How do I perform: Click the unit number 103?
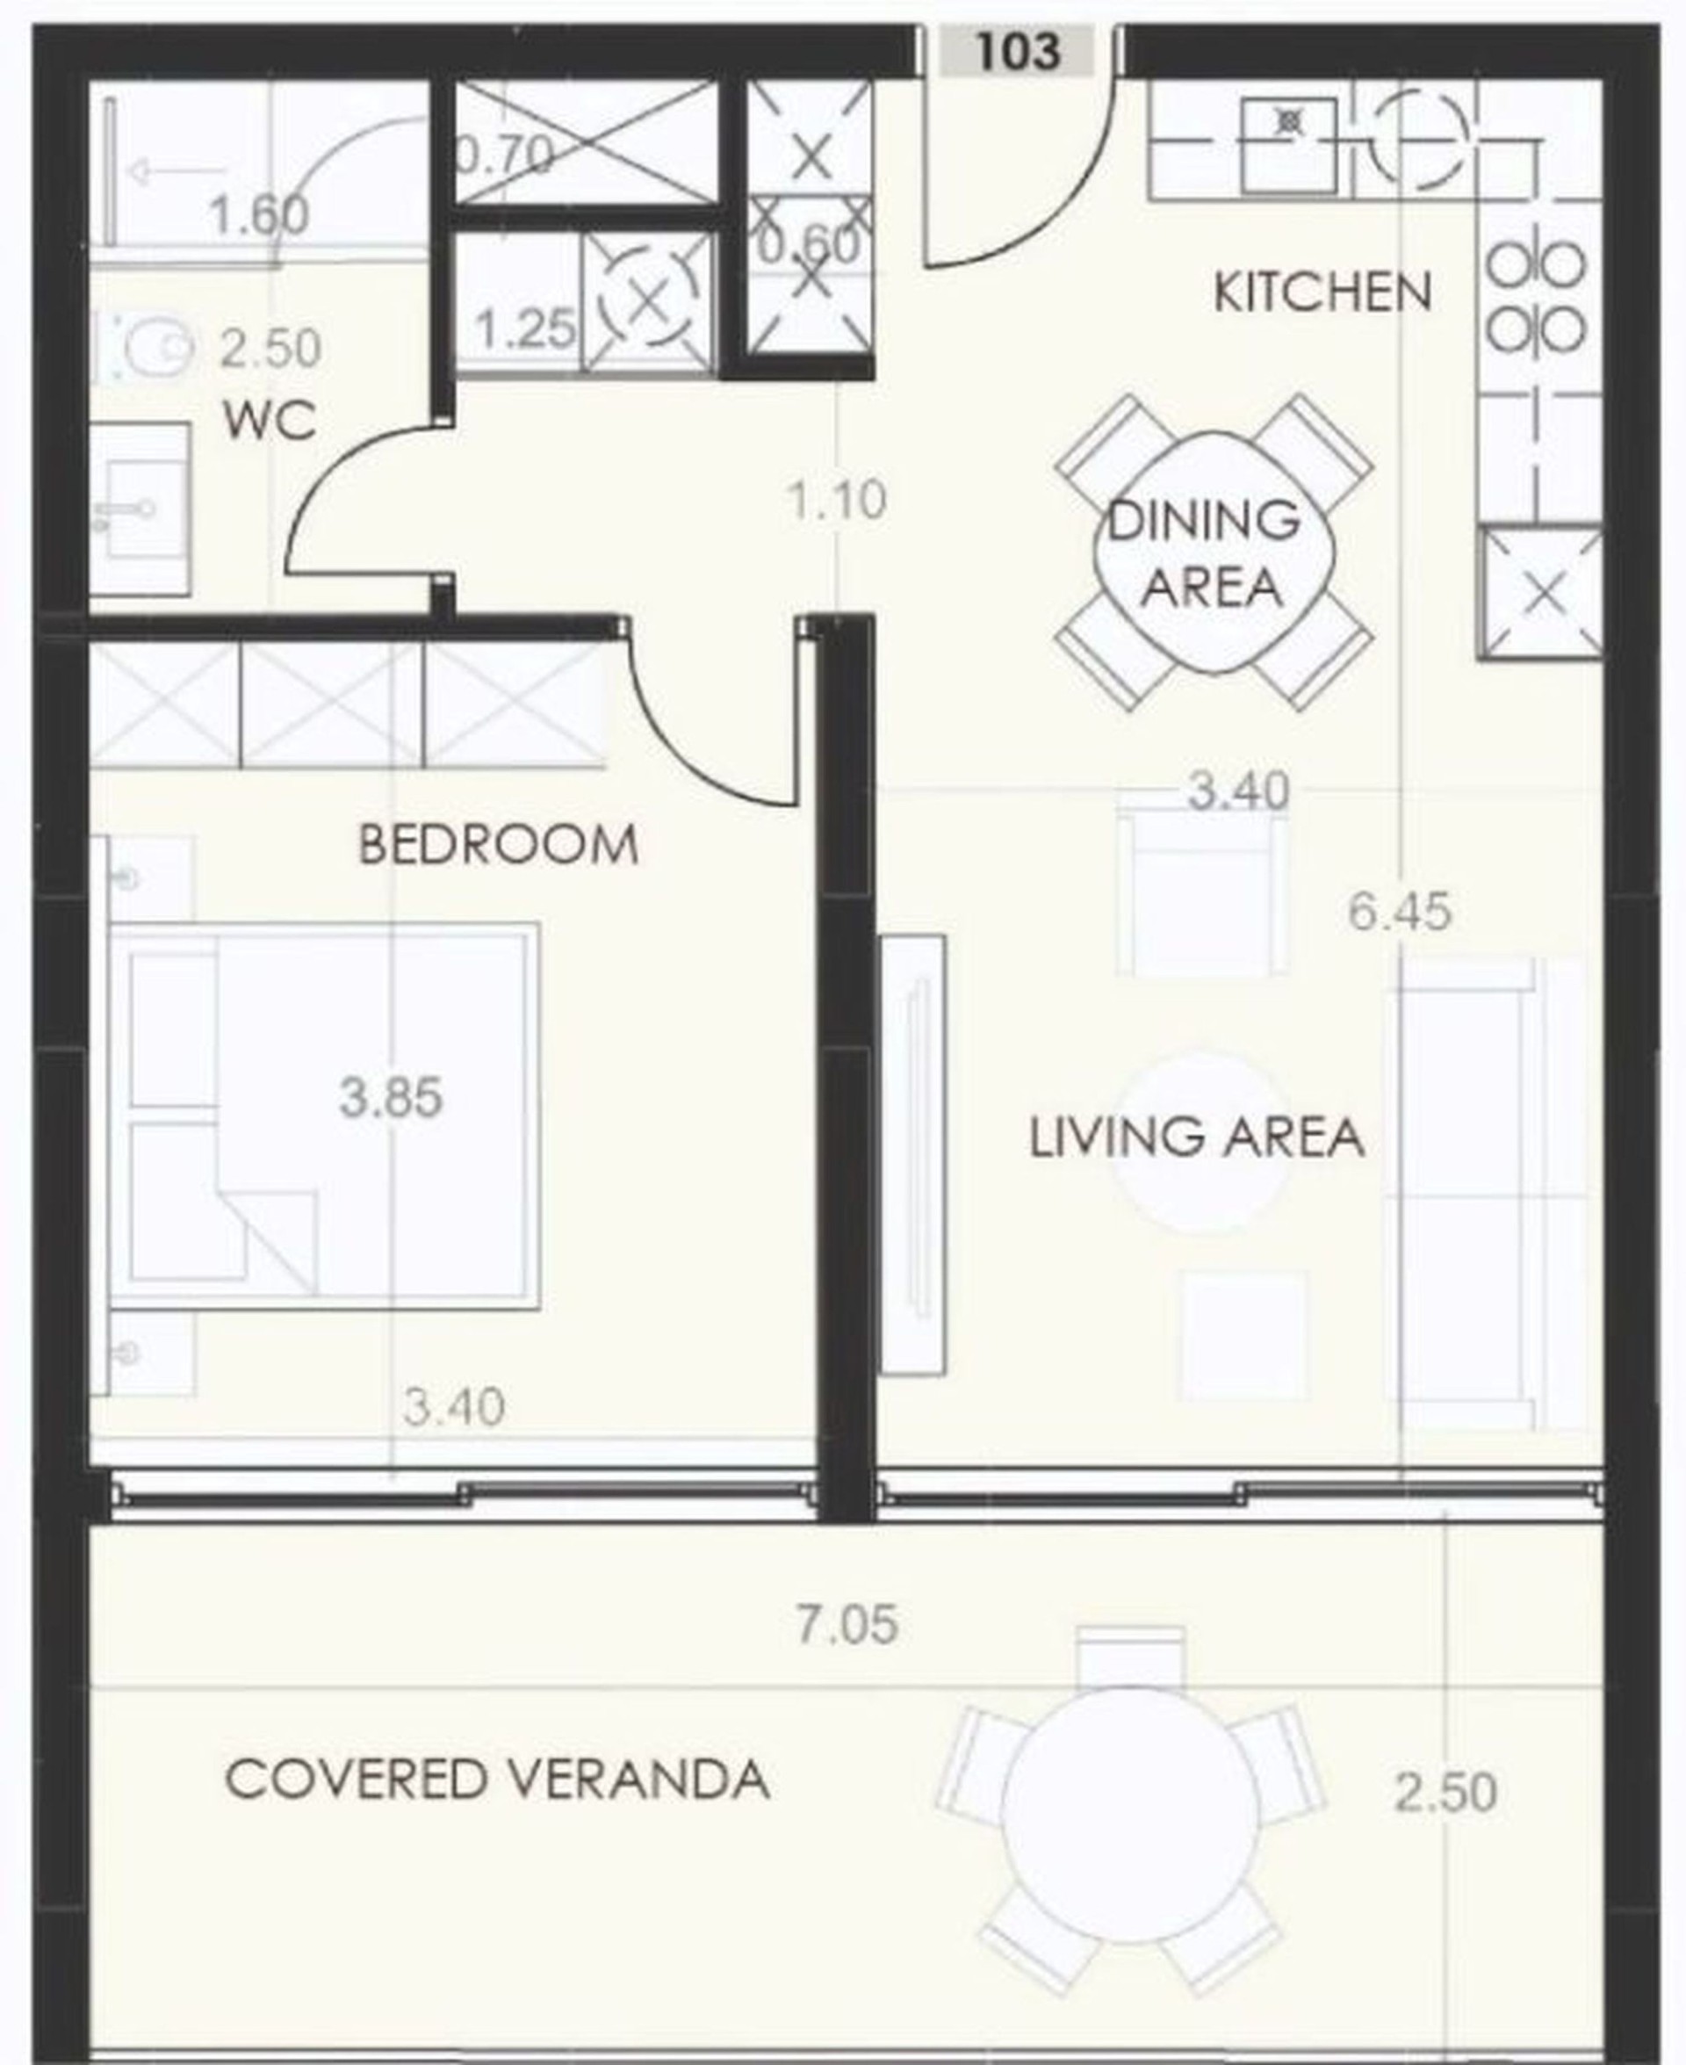pyautogui.click(x=1017, y=51)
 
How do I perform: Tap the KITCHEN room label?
pyautogui.click(x=1322, y=292)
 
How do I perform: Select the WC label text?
pyautogui.click(x=270, y=422)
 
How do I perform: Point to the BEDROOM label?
pyautogui.click(x=498, y=844)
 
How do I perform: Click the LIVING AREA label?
pyautogui.click(x=1197, y=1137)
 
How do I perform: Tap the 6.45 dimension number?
pyautogui.click(x=1400, y=912)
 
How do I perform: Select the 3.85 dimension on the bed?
pyautogui.click(x=391, y=1098)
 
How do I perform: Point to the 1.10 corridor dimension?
pyautogui.click(x=837, y=502)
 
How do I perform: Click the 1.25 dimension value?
pyautogui.click(x=525, y=329)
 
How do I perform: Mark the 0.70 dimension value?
pyautogui.click(x=505, y=155)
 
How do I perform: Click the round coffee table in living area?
pyautogui.click(x=1201, y=1141)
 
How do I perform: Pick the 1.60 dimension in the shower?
pyautogui.click(x=258, y=214)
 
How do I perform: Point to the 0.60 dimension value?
pyautogui.click(x=809, y=245)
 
